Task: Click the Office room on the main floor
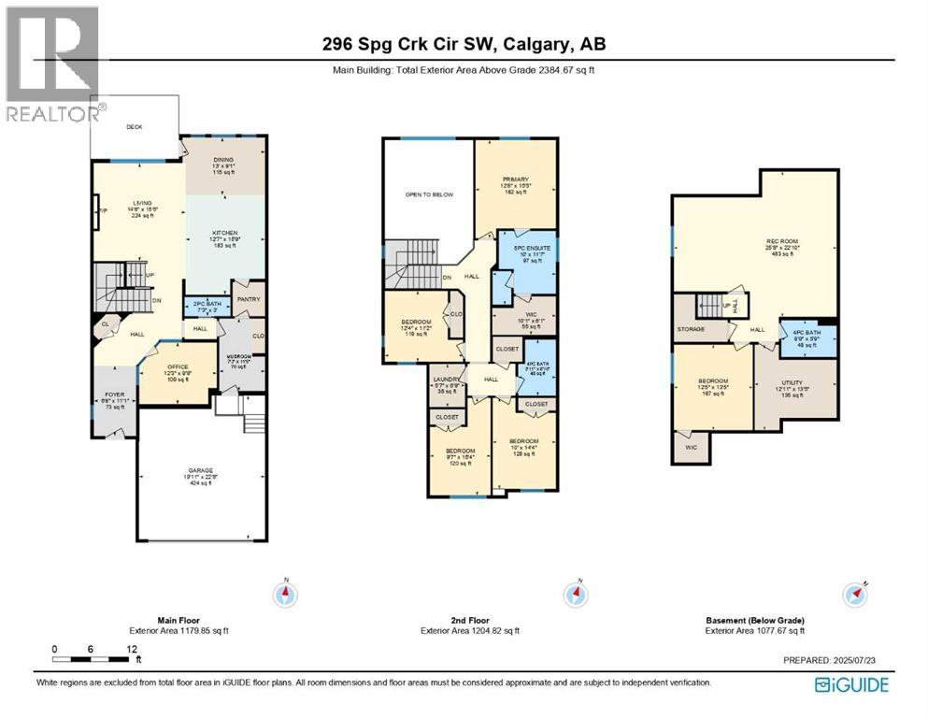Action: pos(178,367)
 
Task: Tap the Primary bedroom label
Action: pos(515,179)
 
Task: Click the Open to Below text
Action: pos(429,194)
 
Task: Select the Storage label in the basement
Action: pos(692,329)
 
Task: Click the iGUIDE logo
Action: pos(851,685)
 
